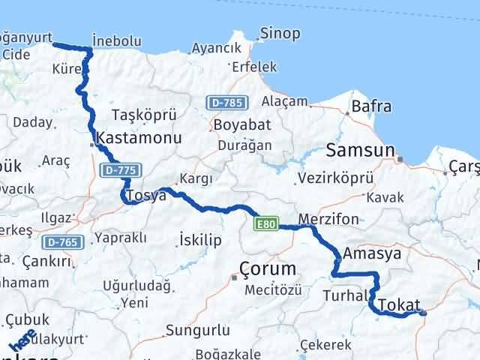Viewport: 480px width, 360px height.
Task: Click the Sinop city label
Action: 280,34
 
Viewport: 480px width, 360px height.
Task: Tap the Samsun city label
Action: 360,150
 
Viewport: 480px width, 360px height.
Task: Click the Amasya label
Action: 372,254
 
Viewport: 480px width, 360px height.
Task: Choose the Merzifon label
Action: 328,220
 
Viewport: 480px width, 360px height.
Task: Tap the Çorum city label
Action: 268,268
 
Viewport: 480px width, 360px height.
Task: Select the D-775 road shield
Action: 119,171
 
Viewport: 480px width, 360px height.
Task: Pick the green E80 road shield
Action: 266,223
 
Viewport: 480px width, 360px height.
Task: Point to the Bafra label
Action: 371,106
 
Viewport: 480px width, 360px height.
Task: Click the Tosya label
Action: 145,196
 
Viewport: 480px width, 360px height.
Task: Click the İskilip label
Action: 201,239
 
